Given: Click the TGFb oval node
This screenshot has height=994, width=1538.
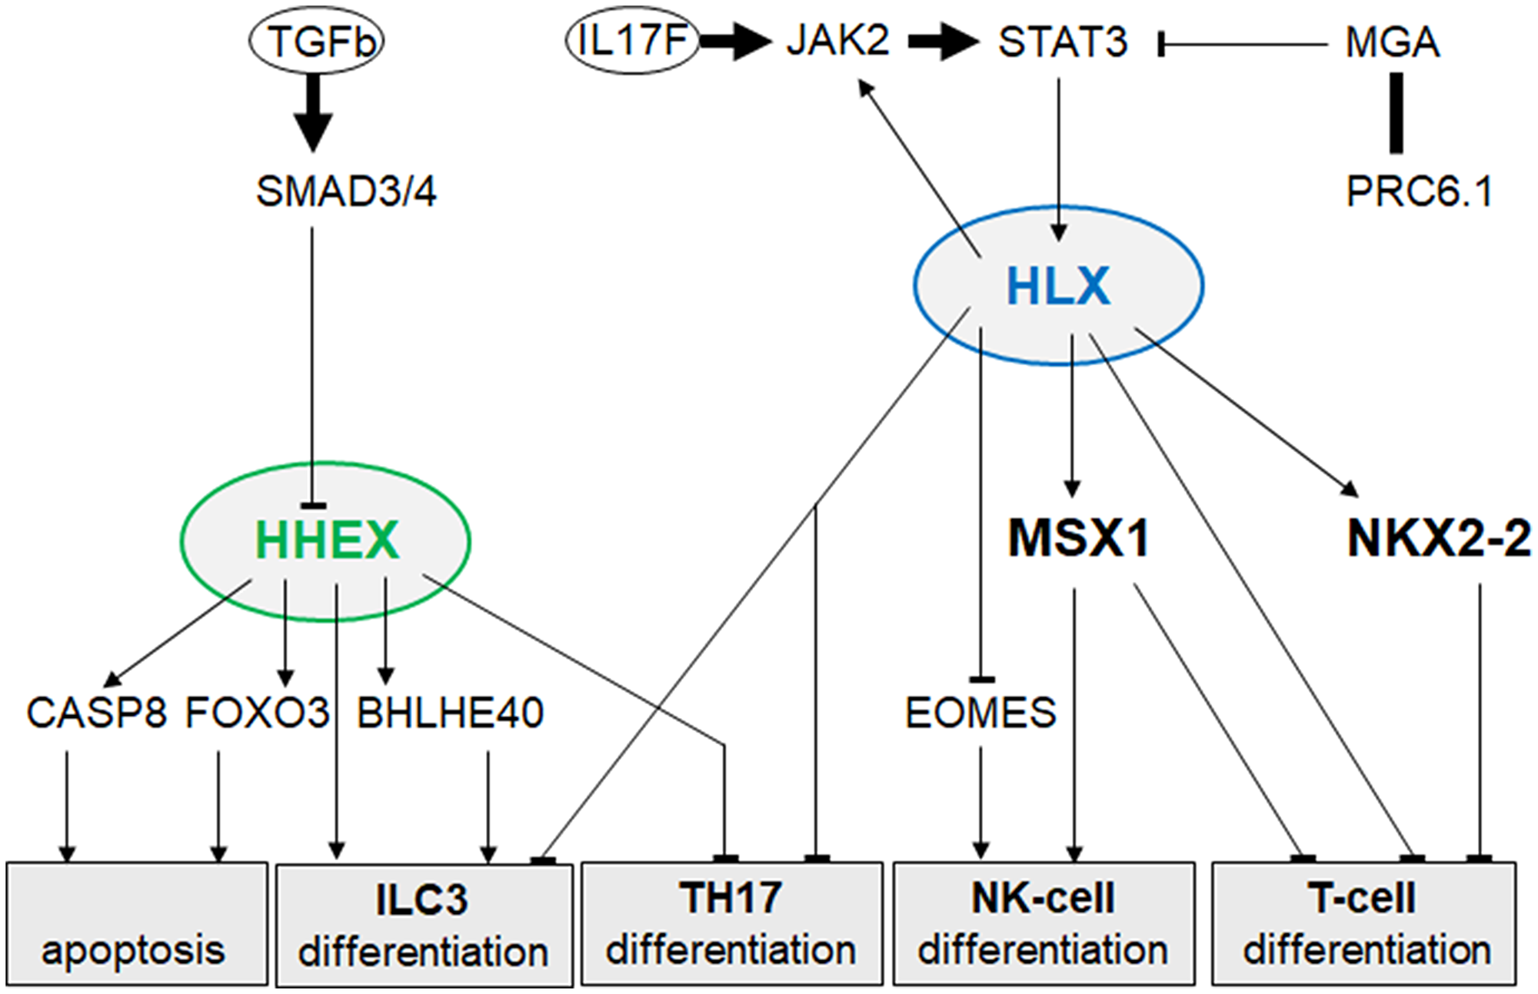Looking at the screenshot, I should click(316, 41).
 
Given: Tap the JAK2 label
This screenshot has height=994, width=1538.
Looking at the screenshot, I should click(837, 40).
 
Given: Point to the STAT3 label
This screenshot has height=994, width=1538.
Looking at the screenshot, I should click(1063, 42).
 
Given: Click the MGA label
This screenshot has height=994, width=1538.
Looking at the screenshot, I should click(1392, 42).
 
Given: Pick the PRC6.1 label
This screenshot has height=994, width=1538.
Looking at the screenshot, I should click(1420, 191).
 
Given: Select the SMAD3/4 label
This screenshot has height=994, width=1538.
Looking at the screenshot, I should click(346, 191).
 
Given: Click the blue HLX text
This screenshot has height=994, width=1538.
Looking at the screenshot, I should click(1058, 286).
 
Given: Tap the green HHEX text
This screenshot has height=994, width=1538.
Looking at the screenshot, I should click(327, 540).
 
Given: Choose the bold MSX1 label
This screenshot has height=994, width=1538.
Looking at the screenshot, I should click(1079, 538).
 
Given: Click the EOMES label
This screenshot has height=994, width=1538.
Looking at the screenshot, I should click(980, 713).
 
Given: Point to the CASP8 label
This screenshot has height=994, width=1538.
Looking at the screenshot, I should click(97, 713).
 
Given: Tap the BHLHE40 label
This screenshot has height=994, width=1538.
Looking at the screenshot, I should click(451, 713).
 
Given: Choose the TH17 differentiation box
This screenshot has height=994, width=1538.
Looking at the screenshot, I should click(731, 923).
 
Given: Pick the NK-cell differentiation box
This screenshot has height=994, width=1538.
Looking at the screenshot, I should click(1044, 923).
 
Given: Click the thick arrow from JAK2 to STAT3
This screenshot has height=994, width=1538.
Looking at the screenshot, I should click(943, 42).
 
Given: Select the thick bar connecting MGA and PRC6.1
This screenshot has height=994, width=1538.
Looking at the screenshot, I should click(1397, 113).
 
